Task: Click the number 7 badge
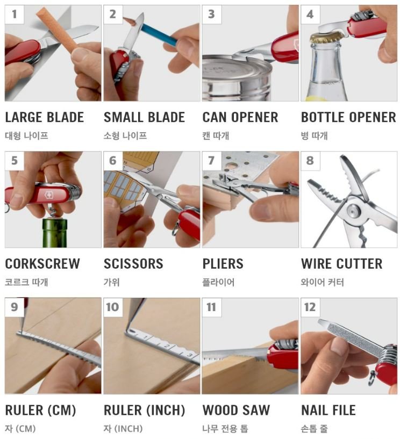click(212, 161)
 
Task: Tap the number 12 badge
click(310, 307)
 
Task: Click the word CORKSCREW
click(42, 264)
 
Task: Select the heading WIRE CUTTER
click(342, 264)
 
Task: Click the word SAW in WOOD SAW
click(256, 410)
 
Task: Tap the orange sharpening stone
click(57, 30)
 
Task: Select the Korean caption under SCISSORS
click(111, 282)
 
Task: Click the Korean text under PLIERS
click(218, 282)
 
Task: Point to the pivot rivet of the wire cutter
click(353, 211)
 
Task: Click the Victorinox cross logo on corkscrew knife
click(49, 195)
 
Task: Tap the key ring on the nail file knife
click(372, 378)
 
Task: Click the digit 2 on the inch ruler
click(166, 346)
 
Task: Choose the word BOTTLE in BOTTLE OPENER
click(323, 117)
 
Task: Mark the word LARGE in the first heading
click(25, 117)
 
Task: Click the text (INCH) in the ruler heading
click(166, 411)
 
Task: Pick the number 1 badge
click(15, 15)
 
